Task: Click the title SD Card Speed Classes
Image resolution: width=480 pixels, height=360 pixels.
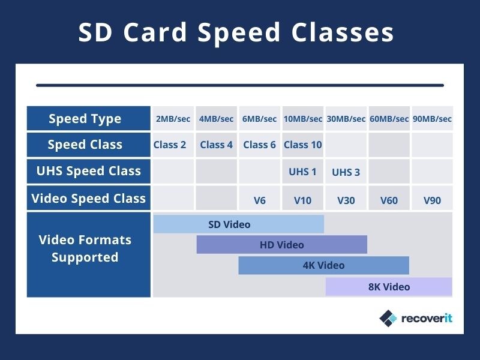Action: [x=236, y=32]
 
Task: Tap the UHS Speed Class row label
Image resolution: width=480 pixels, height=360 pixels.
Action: [x=88, y=171]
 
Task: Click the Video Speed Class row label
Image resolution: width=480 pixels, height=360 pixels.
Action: [x=88, y=198]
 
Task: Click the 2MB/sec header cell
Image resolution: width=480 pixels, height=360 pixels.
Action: [x=173, y=119]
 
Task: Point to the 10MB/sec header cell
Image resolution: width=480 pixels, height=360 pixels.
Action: [x=303, y=119]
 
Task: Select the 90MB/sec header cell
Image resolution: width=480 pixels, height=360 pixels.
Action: [x=432, y=119]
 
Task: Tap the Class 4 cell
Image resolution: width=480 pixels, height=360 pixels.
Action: [x=216, y=145]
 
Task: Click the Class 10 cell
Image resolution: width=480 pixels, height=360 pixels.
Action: [x=303, y=145]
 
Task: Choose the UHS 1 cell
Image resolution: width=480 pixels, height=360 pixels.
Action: [x=302, y=172]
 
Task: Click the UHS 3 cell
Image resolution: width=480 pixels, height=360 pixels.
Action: [x=346, y=172]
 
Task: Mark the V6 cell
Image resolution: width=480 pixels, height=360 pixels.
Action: [x=259, y=200]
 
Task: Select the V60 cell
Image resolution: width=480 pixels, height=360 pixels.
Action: [x=389, y=200]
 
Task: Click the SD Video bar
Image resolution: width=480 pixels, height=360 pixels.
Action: [x=238, y=224]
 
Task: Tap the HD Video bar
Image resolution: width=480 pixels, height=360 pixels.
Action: [x=281, y=245]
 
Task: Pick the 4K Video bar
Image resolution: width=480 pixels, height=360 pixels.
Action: [x=323, y=265]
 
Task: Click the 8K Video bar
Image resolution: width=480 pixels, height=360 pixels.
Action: [x=389, y=287]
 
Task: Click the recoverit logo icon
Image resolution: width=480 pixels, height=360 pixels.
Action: [x=388, y=318]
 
